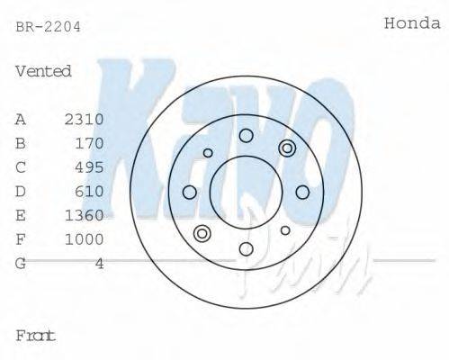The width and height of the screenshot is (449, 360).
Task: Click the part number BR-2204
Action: coord(48,26)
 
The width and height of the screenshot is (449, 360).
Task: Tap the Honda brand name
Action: coord(412,23)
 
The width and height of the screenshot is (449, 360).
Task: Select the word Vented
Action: coord(43,71)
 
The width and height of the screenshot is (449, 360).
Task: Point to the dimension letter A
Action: coord(21,120)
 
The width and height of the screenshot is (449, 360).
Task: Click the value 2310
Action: coord(85,120)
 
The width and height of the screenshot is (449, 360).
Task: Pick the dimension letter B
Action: coord(21,143)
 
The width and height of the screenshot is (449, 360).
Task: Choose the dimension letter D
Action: coord(21,191)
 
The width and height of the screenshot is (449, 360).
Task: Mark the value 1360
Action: coord(85,215)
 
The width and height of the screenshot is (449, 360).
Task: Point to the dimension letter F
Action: coord(21,239)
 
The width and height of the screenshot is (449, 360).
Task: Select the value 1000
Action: coord(85,239)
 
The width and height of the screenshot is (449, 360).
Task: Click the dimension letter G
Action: coord(21,263)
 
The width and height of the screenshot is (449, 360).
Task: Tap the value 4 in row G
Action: coord(99,263)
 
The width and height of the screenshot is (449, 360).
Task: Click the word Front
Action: coord(36,336)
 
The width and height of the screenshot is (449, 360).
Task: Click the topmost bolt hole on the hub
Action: coord(246,136)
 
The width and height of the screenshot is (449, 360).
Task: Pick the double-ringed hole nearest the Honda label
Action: coord(287,148)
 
